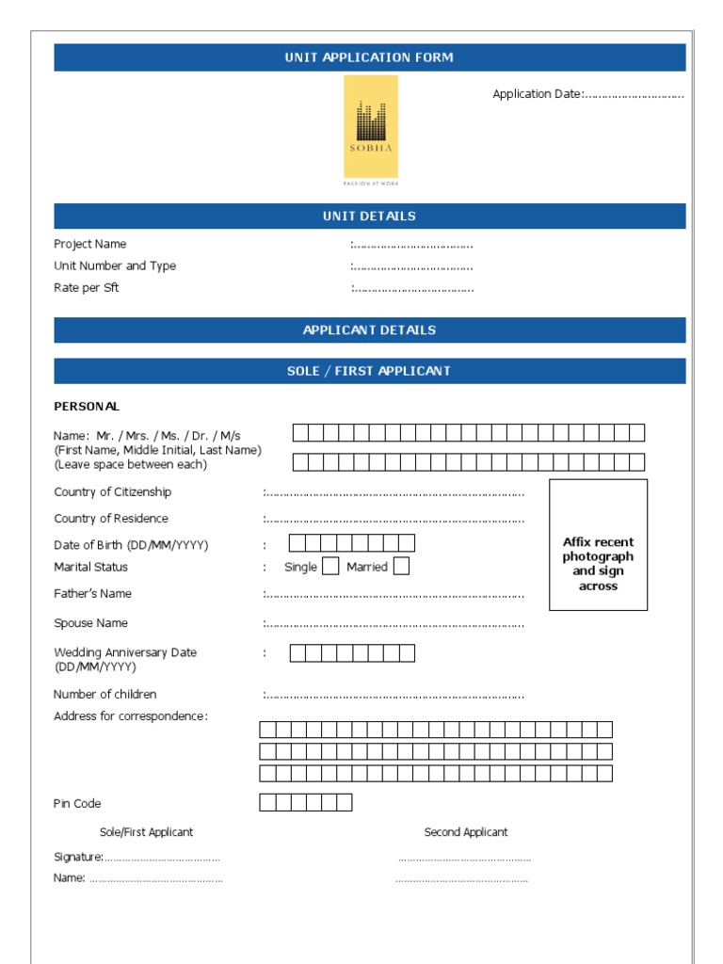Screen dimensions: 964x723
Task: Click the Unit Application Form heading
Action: [369, 57]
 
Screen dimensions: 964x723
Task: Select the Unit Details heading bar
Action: [369, 217]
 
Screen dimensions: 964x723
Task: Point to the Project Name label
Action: [90, 245]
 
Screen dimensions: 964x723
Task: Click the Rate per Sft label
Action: [87, 288]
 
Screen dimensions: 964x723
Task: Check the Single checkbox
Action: [330, 567]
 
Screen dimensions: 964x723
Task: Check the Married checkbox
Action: [401, 567]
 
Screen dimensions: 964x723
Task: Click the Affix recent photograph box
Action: [598, 545]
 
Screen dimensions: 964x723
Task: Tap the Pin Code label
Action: [77, 804]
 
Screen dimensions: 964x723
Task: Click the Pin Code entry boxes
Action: [305, 803]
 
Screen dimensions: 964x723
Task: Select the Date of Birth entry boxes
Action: [351, 543]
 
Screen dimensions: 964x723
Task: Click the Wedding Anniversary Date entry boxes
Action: [351, 653]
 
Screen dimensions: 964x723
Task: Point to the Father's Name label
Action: [93, 594]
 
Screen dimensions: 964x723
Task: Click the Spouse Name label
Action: [91, 623]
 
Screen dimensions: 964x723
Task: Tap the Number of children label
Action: [105, 695]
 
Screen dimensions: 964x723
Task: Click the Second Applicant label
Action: [466, 832]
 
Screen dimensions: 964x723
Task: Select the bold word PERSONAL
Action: [87, 407]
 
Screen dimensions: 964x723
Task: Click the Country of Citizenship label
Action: [113, 492]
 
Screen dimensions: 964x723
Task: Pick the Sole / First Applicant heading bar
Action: [369, 371]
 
